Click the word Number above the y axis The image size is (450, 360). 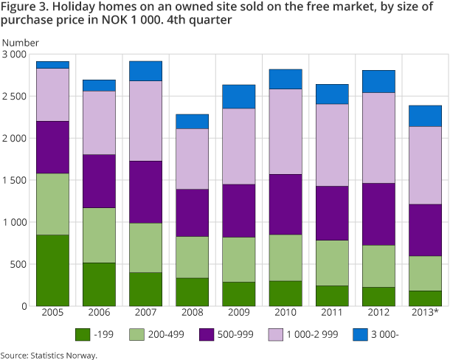pos(21,43)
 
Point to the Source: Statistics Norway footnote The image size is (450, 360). pos(49,355)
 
